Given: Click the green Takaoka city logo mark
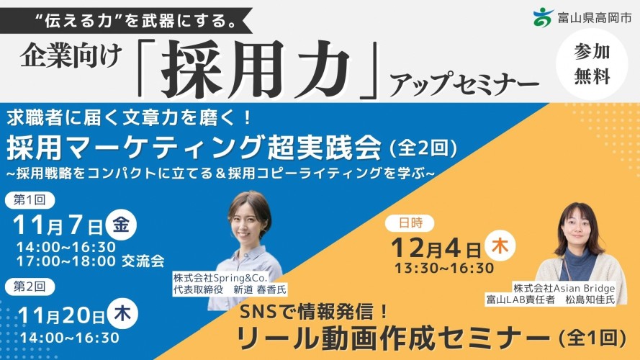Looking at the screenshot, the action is (544, 17).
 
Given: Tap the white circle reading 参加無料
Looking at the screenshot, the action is (592, 65).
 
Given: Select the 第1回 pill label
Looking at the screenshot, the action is (30, 200).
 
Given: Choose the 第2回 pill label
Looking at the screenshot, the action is (30, 287).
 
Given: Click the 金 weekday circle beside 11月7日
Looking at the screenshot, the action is (121, 225).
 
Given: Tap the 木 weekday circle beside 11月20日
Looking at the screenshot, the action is (122, 314).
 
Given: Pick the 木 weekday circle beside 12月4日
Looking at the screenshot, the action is (500, 246).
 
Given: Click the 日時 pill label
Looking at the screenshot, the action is (410, 223).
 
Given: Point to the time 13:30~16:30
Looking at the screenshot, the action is (444, 268).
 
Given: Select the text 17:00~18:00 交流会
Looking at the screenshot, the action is (90, 261).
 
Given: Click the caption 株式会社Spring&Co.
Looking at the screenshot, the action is (220, 278).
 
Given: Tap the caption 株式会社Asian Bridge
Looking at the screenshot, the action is (564, 288).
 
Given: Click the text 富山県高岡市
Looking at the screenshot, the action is (595, 17).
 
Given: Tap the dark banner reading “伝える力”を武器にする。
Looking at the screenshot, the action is (126, 21).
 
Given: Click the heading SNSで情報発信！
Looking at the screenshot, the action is (313, 312).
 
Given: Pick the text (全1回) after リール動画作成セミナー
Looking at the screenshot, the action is (592, 338).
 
